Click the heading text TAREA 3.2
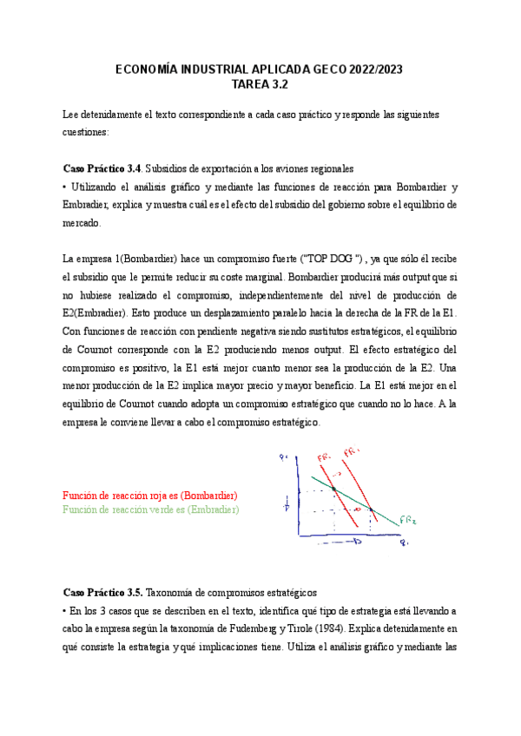coord(260,84)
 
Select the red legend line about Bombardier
coord(149,495)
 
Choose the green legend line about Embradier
coord(150,509)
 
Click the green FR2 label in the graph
coord(411,521)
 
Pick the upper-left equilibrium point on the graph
coord(334,490)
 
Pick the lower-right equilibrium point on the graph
coord(371,510)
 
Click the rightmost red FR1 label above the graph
coord(352,452)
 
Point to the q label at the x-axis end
coord(404,543)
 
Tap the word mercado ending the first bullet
coord(82,223)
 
